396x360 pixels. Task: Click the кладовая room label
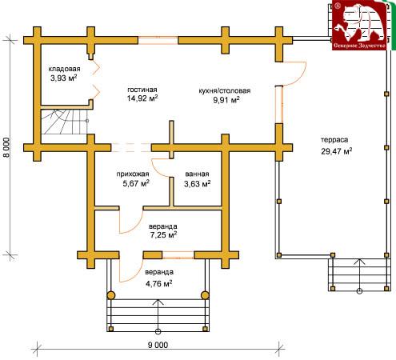(64, 69)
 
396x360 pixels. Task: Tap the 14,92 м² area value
(142, 98)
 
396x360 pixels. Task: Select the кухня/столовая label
(225, 90)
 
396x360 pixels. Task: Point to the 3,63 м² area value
(198, 184)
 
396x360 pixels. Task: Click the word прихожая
(133, 174)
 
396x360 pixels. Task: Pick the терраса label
(334, 140)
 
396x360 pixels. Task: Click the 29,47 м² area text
(337, 151)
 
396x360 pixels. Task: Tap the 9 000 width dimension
(158, 345)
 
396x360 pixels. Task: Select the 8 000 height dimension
(7, 147)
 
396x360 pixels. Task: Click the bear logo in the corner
(359, 26)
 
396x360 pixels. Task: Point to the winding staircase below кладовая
(64, 122)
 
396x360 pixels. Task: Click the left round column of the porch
(111, 295)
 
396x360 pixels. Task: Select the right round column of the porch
(205, 295)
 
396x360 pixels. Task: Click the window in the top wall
(158, 41)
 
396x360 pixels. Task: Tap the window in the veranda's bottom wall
(178, 255)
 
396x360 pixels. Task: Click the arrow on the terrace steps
(360, 275)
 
